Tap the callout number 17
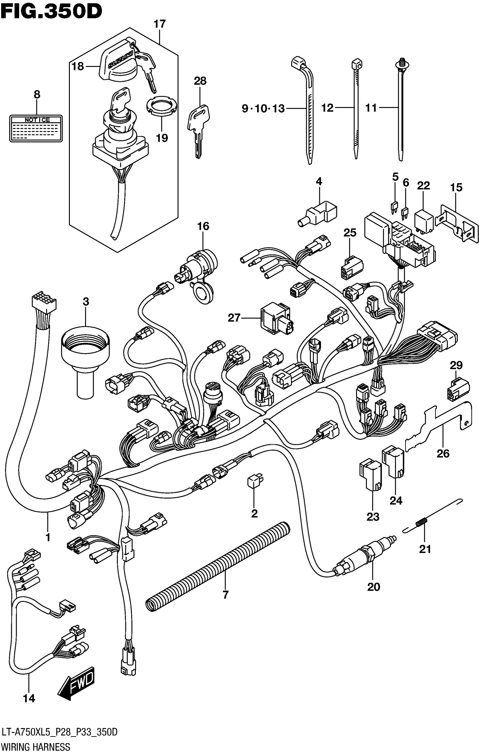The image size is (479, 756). point(159,24)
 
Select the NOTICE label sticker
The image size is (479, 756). point(36,128)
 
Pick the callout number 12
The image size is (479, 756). point(327,108)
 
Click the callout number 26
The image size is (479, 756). point(443,453)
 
